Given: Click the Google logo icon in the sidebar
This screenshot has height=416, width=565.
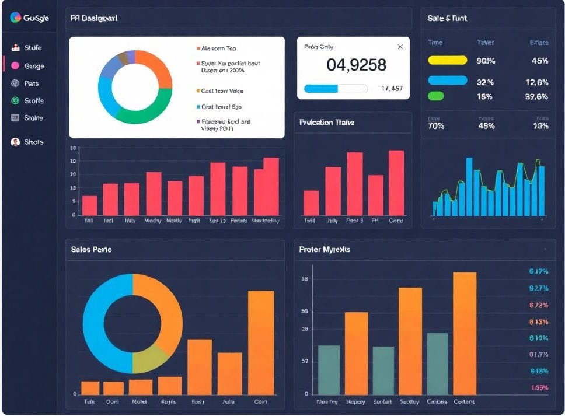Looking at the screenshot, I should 16,18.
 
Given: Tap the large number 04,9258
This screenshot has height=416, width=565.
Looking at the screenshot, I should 356,65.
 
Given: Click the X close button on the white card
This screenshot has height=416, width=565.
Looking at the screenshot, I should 400,47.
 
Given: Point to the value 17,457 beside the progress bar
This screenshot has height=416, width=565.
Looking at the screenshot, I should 391,89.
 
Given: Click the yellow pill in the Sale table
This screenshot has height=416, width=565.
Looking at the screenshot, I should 448,60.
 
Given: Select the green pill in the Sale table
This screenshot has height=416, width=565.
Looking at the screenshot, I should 436,96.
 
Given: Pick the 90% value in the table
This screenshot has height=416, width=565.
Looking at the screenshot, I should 486,61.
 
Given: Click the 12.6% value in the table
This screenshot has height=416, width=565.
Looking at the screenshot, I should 536,82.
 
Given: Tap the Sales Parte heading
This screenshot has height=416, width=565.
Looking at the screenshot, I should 91,249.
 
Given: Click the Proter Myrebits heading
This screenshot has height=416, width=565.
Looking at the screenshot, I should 325,249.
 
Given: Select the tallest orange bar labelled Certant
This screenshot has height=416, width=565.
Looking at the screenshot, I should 465,333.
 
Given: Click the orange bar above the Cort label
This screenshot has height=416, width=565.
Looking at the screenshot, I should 261,342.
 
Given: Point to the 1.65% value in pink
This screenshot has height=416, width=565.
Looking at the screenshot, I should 539,388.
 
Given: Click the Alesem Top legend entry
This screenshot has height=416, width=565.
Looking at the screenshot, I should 218,48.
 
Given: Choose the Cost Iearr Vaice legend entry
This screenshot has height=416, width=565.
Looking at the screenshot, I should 222,91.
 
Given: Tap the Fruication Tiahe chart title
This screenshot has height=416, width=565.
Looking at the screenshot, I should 326,123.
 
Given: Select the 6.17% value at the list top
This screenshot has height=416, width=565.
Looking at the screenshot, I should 539,271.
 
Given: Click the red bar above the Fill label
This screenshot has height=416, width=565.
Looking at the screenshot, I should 89,205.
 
